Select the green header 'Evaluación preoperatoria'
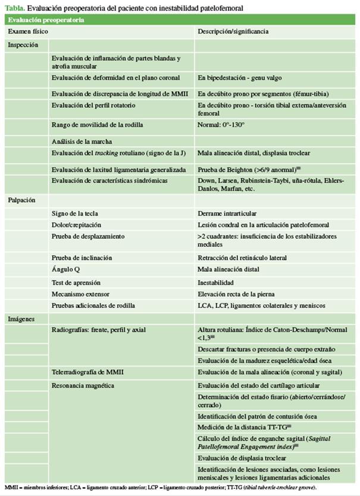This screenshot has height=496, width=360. click(41, 20)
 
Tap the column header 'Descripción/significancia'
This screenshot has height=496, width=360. click(233, 31)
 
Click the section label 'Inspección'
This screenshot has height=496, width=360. click(23, 45)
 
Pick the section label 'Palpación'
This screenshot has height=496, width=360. click(22, 201)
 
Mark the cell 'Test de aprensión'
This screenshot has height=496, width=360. click(76, 282)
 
